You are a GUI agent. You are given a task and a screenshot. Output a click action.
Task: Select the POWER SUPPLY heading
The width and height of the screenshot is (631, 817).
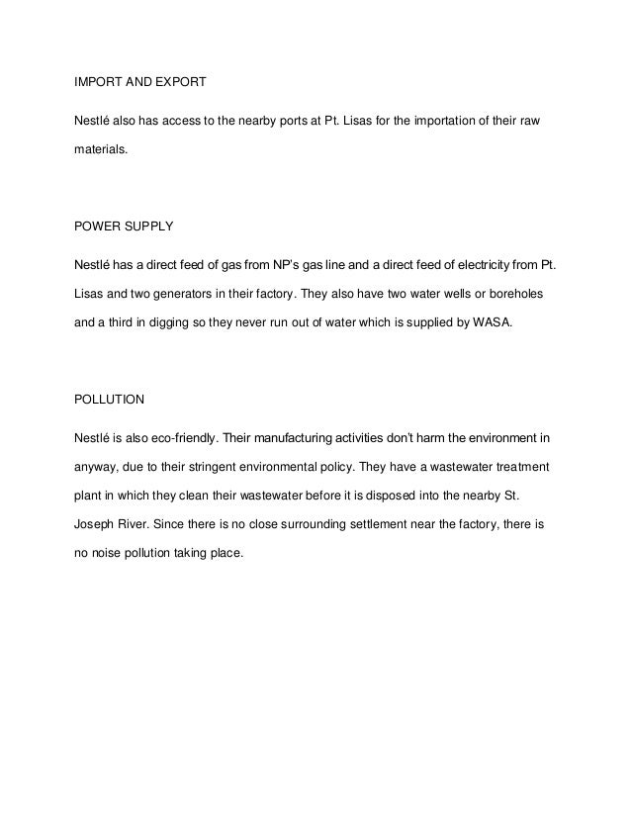point(124,227)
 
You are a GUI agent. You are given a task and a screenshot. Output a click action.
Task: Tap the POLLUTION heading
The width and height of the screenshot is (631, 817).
point(110,400)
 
